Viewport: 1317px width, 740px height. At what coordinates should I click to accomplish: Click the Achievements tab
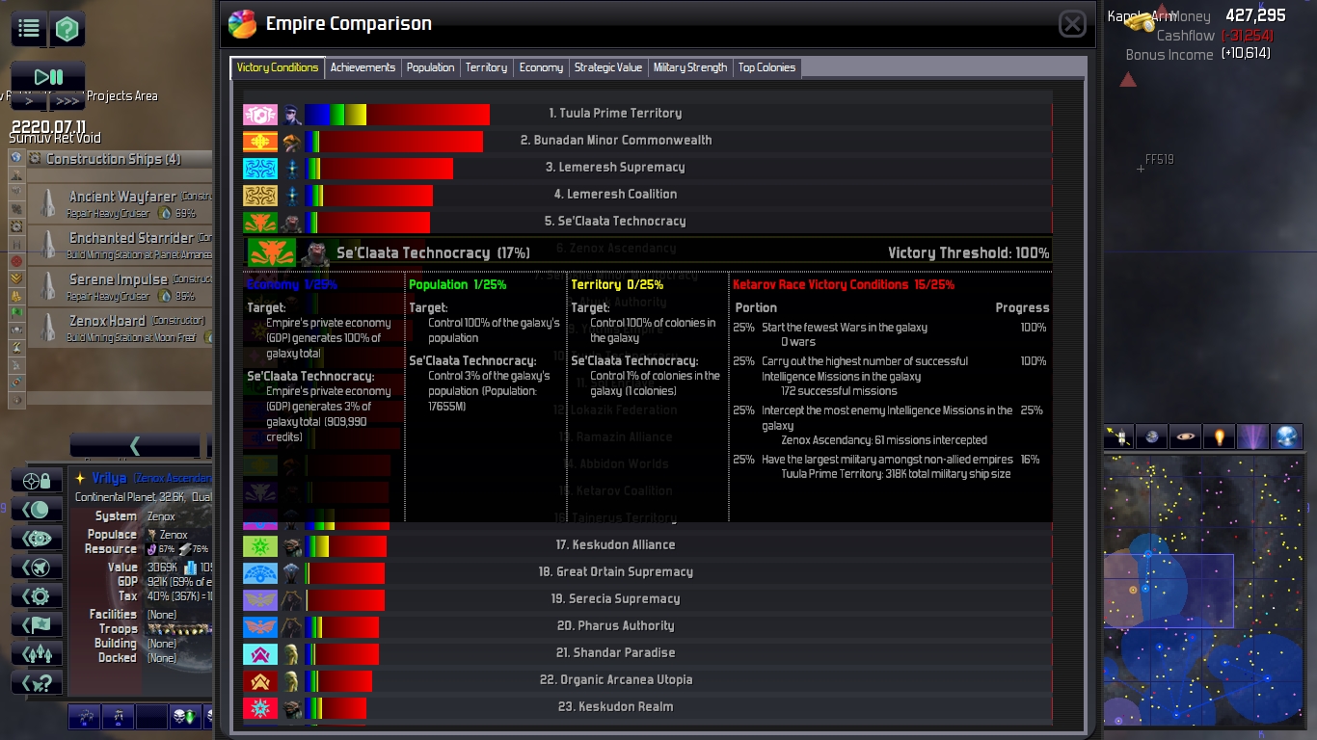pyautogui.click(x=363, y=67)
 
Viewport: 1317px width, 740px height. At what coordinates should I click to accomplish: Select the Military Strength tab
pyautogui.click(x=690, y=67)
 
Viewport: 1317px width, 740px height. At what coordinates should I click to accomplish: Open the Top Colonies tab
pyautogui.click(x=766, y=67)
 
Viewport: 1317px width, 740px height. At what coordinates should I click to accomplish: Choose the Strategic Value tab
pyautogui.click(x=607, y=67)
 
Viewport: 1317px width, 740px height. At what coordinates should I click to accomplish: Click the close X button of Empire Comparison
pyautogui.click(x=1072, y=24)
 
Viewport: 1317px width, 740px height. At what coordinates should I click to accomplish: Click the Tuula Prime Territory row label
pyautogui.click(x=615, y=114)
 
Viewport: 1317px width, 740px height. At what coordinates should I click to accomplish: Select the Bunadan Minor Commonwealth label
pyautogui.click(x=616, y=141)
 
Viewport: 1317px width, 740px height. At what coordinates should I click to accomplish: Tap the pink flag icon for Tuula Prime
pyautogui.click(x=260, y=115)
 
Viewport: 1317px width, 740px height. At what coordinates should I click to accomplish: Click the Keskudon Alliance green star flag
pyautogui.click(x=260, y=546)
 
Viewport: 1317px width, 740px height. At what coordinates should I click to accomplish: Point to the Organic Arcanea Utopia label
pyautogui.click(x=616, y=680)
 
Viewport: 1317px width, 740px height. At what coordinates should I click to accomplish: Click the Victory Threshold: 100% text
pyautogui.click(x=968, y=253)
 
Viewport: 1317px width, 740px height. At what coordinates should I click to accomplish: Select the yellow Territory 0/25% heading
pyautogui.click(x=617, y=285)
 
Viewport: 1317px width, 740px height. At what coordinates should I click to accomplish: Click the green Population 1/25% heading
pyautogui.click(x=457, y=285)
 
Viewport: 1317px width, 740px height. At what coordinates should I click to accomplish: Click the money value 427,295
pyautogui.click(x=1255, y=15)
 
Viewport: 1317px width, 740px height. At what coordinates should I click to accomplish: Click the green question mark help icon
pyautogui.click(x=67, y=29)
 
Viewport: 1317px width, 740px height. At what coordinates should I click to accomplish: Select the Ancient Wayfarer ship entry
pyautogui.click(x=122, y=197)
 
